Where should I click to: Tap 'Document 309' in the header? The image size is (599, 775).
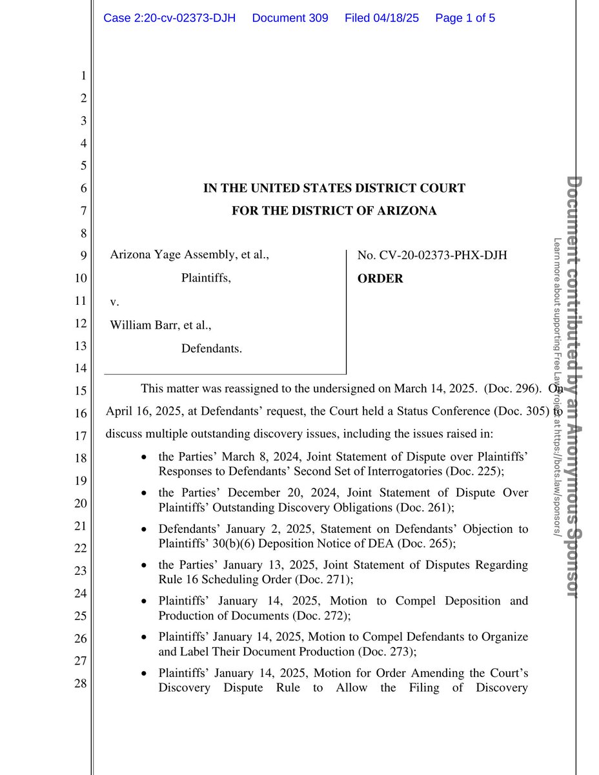point(290,18)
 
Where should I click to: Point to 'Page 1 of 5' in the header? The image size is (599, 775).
point(465,18)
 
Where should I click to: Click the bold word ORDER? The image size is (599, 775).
point(380,278)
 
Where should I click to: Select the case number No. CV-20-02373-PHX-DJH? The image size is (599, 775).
point(432,255)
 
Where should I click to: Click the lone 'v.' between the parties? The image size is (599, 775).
point(114,302)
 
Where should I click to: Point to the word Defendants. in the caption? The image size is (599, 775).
point(212,349)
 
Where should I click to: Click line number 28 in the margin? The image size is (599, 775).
point(81,683)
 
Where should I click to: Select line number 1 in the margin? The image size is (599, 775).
point(83,76)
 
